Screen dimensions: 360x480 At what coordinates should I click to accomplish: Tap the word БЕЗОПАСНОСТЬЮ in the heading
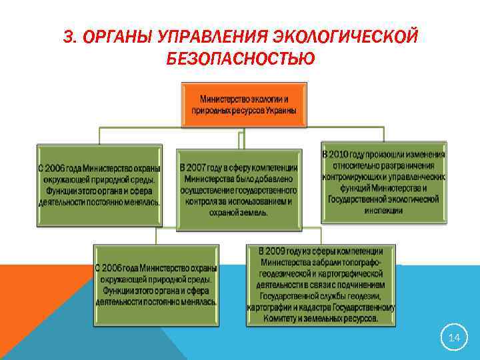(x=241, y=59)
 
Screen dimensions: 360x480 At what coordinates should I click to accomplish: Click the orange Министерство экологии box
(x=245, y=105)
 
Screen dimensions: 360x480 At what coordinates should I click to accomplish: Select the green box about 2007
(x=239, y=189)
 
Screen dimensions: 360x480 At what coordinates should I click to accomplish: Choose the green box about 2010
(x=383, y=182)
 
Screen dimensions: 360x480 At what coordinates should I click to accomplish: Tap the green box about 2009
(x=320, y=285)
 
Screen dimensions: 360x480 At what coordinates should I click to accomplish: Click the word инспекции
(x=383, y=209)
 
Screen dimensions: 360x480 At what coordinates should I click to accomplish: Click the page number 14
(x=454, y=338)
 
